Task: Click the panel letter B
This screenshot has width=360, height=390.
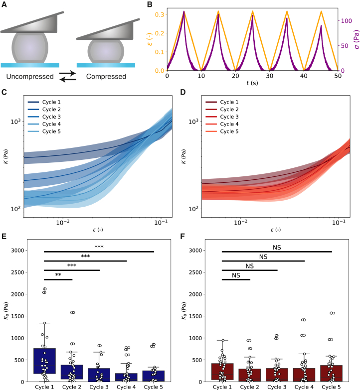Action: pyautogui.click(x=150, y=4)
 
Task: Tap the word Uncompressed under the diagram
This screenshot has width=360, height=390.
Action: pyautogui.click(x=30, y=76)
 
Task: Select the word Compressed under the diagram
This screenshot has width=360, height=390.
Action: pyautogui.click(x=106, y=76)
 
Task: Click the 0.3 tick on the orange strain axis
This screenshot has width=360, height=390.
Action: pyautogui.click(x=160, y=14)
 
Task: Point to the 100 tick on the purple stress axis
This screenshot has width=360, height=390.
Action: pyautogui.click(x=347, y=21)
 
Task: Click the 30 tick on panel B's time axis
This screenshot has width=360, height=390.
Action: pyautogui.click(x=270, y=76)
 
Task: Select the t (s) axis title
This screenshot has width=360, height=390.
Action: pyautogui.click(x=252, y=83)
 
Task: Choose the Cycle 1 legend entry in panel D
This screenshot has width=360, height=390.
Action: pyautogui.click(x=222, y=102)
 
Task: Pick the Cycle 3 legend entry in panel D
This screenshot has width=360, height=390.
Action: pyautogui.click(x=222, y=117)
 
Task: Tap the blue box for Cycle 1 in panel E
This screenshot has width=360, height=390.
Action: pyautogui.click(x=44, y=361)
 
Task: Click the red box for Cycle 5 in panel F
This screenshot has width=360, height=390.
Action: pyautogui.click(x=332, y=374)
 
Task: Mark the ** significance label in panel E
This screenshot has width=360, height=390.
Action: pyautogui.click(x=58, y=275)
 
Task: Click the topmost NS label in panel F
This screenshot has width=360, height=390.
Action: pyautogui.click(x=277, y=248)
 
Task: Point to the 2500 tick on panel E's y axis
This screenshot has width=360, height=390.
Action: pyautogui.click(x=17, y=272)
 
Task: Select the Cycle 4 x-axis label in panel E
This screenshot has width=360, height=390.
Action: pyautogui.click(x=126, y=387)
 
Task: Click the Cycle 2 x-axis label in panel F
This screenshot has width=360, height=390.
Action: pyautogui.click(x=249, y=387)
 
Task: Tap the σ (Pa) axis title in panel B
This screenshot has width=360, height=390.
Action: pyautogui.click(x=357, y=39)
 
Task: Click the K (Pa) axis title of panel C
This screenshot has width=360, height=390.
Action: pyautogui.click(x=6, y=156)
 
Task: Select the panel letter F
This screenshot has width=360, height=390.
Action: pyautogui.click(x=182, y=236)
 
